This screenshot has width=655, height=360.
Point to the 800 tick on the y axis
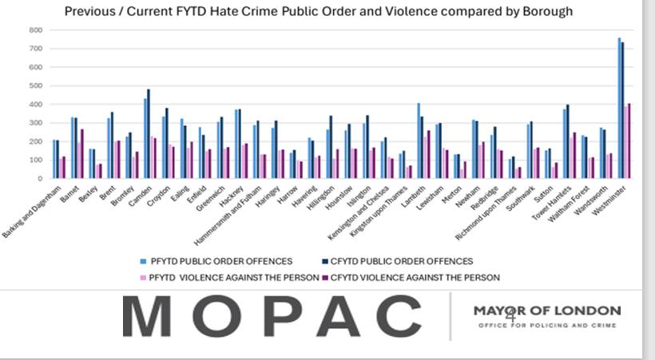point(36,30)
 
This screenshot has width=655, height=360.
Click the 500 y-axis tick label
point(36,86)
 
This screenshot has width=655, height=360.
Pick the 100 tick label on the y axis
point(36,160)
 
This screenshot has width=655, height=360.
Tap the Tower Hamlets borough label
point(554,201)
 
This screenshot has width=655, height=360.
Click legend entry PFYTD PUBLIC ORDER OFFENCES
point(218,261)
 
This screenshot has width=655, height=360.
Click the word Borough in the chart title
point(544,12)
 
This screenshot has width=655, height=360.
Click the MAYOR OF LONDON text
point(546,311)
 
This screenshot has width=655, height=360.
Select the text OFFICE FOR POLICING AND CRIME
point(546,326)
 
